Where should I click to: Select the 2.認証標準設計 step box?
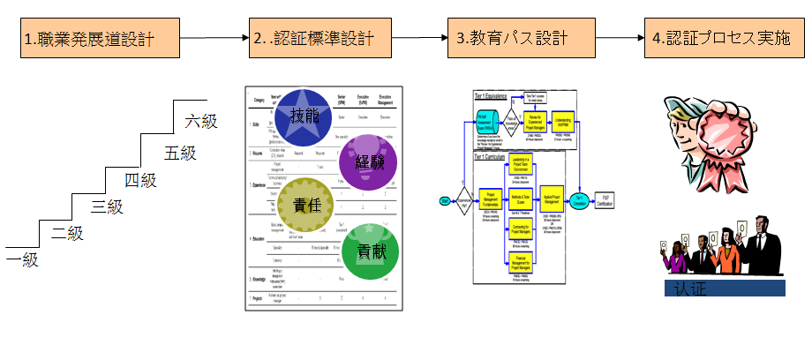click(313, 39)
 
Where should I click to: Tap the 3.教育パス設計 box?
click(512, 39)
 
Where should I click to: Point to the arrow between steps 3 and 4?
click(608, 39)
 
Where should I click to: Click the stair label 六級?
click(201, 121)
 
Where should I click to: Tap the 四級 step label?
click(140, 180)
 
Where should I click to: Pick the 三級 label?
click(107, 206)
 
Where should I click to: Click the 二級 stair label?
click(67, 233)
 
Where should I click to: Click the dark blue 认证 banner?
click(724, 289)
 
